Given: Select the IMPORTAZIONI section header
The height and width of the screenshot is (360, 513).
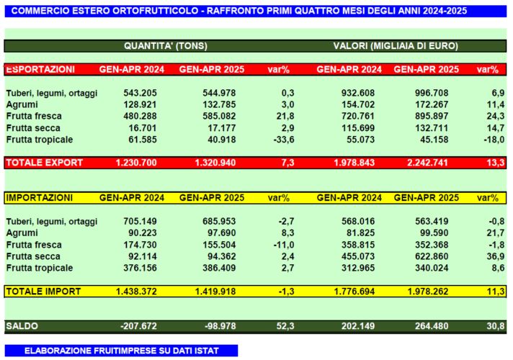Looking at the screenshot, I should (40, 197).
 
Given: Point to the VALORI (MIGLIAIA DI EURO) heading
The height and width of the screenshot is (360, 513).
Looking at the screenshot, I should (396, 45).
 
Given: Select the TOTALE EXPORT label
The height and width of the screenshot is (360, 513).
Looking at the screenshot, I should (44, 163).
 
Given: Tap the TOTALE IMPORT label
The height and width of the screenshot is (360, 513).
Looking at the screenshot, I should (43, 292).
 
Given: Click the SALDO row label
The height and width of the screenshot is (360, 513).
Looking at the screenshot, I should (23, 326).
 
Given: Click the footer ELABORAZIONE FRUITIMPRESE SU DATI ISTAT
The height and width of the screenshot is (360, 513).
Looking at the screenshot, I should (121, 351).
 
